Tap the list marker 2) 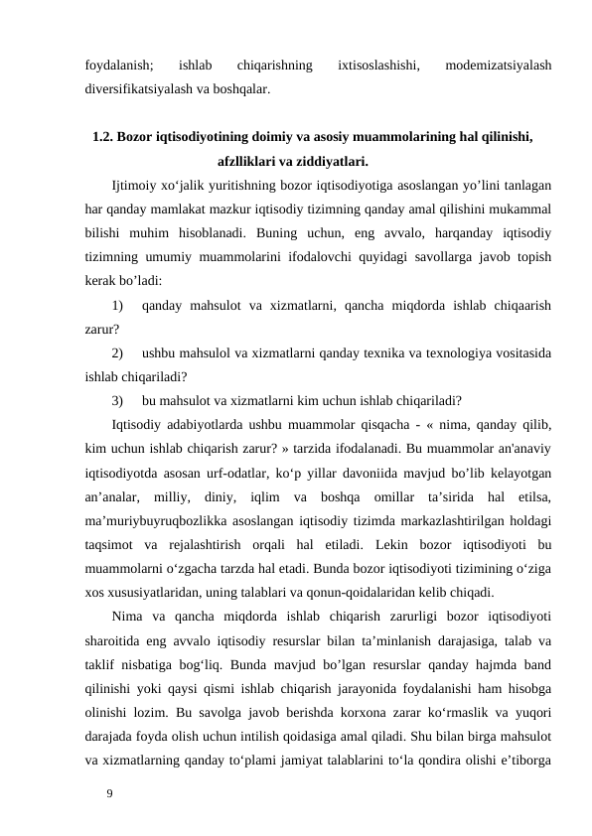click(x=119, y=352)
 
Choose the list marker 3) click(x=119, y=401)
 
